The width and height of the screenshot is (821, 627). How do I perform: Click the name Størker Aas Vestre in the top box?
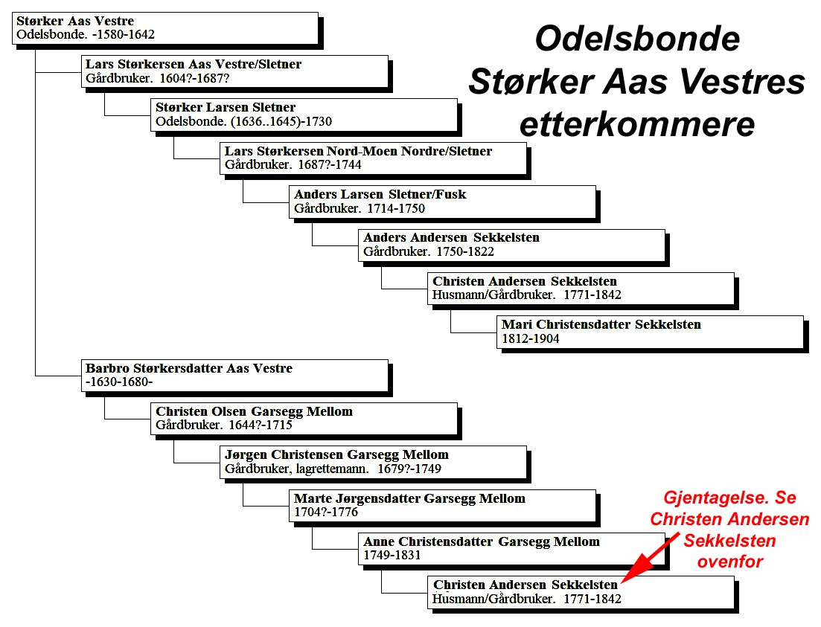pyautogui.click(x=75, y=21)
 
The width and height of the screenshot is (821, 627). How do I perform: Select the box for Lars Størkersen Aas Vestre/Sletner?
pyautogui.click(x=234, y=71)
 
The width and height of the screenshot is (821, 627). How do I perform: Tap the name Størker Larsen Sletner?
pyautogui.click(x=225, y=107)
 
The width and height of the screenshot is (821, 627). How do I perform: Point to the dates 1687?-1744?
pyautogui.click(x=329, y=165)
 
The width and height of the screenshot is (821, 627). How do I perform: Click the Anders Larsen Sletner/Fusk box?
pyautogui.click(x=442, y=202)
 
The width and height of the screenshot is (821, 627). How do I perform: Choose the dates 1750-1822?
pyautogui.click(x=465, y=251)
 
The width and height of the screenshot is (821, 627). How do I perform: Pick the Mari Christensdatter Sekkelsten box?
pyautogui.click(x=650, y=332)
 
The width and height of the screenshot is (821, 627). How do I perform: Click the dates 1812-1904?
pyautogui.click(x=531, y=339)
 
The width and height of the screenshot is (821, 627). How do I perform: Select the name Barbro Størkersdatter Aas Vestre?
pyautogui.click(x=188, y=368)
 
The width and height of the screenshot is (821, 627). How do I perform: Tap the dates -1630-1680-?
pyautogui.click(x=119, y=382)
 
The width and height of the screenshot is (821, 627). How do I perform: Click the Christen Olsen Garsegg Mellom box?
pyautogui.click(x=304, y=419)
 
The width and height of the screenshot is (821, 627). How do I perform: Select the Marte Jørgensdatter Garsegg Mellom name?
pyautogui.click(x=409, y=498)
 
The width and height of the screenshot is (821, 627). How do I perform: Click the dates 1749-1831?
pyautogui.click(x=392, y=556)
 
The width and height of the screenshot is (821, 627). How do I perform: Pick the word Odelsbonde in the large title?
pyautogui.click(x=637, y=39)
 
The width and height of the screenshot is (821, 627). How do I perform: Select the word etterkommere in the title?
pyautogui.click(x=637, y=124)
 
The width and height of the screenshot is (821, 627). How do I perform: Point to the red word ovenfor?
pyautogui.click(x=730, y=562)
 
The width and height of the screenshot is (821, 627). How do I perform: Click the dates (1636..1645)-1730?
pyautogui.click(x=281, y=121)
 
